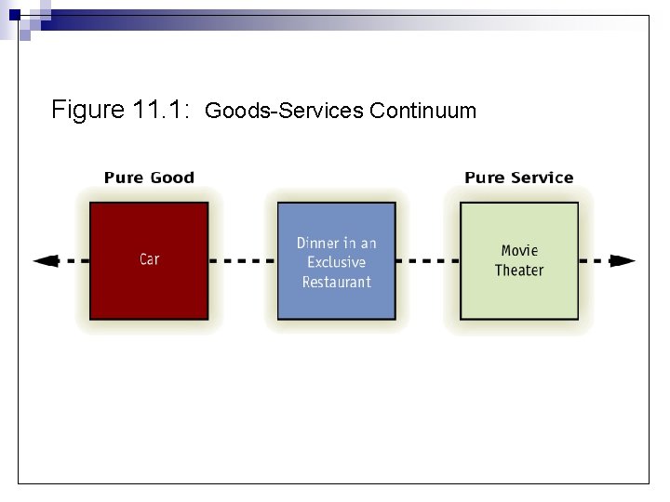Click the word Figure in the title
88,111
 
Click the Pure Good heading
149,178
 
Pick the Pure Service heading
518,178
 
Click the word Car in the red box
149,259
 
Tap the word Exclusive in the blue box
336,262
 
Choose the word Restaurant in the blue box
336,282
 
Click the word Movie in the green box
519,250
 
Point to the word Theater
519,271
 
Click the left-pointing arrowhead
42,261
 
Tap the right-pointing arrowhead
627,261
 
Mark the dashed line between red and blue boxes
242,261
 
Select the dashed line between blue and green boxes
427,261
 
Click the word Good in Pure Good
174,178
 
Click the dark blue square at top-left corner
14,15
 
